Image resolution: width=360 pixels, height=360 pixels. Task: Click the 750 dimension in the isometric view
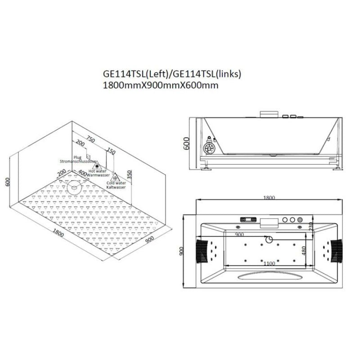click(91, 140)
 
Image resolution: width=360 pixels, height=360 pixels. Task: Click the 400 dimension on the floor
click(82, 172)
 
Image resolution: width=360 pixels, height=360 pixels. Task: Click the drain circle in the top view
click(270, 239)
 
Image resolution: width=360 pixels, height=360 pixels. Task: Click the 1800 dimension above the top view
click(269, 198)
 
